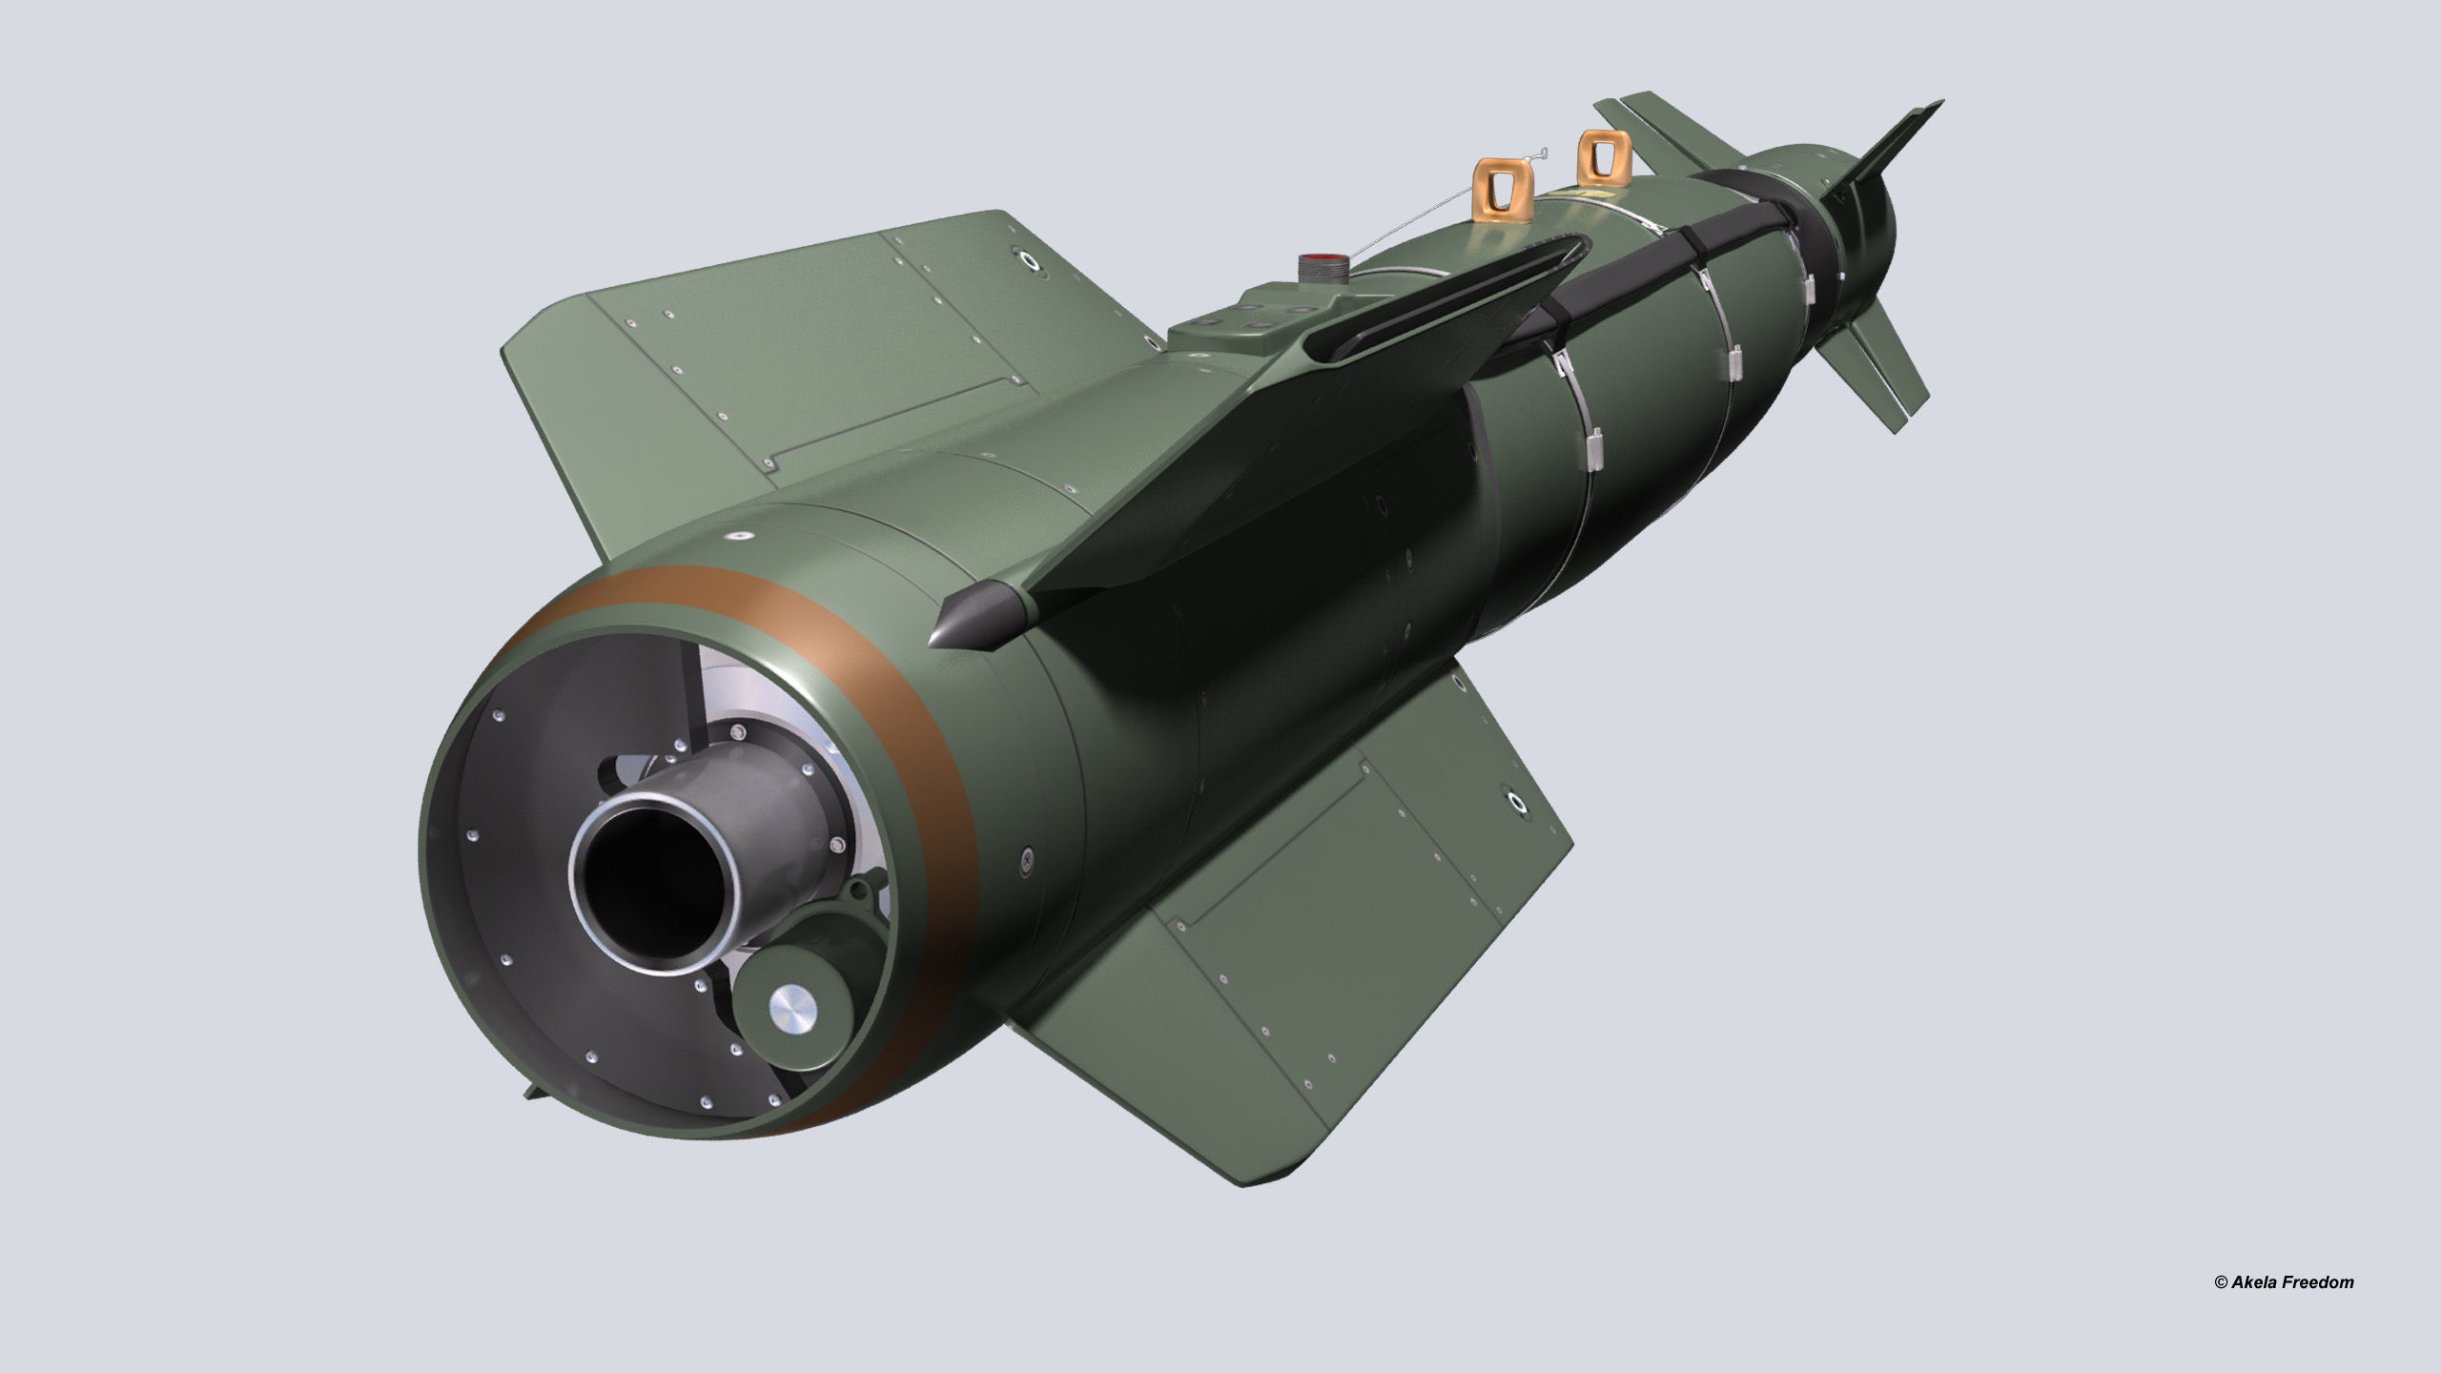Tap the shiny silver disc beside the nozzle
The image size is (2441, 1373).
click(x=794, y=1007)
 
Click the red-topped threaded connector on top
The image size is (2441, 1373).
click(x=1321, y=265)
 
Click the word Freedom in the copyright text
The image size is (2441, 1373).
click(x=2319, y=1282)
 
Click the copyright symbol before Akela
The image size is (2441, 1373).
click(x=2220, y=1283)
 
